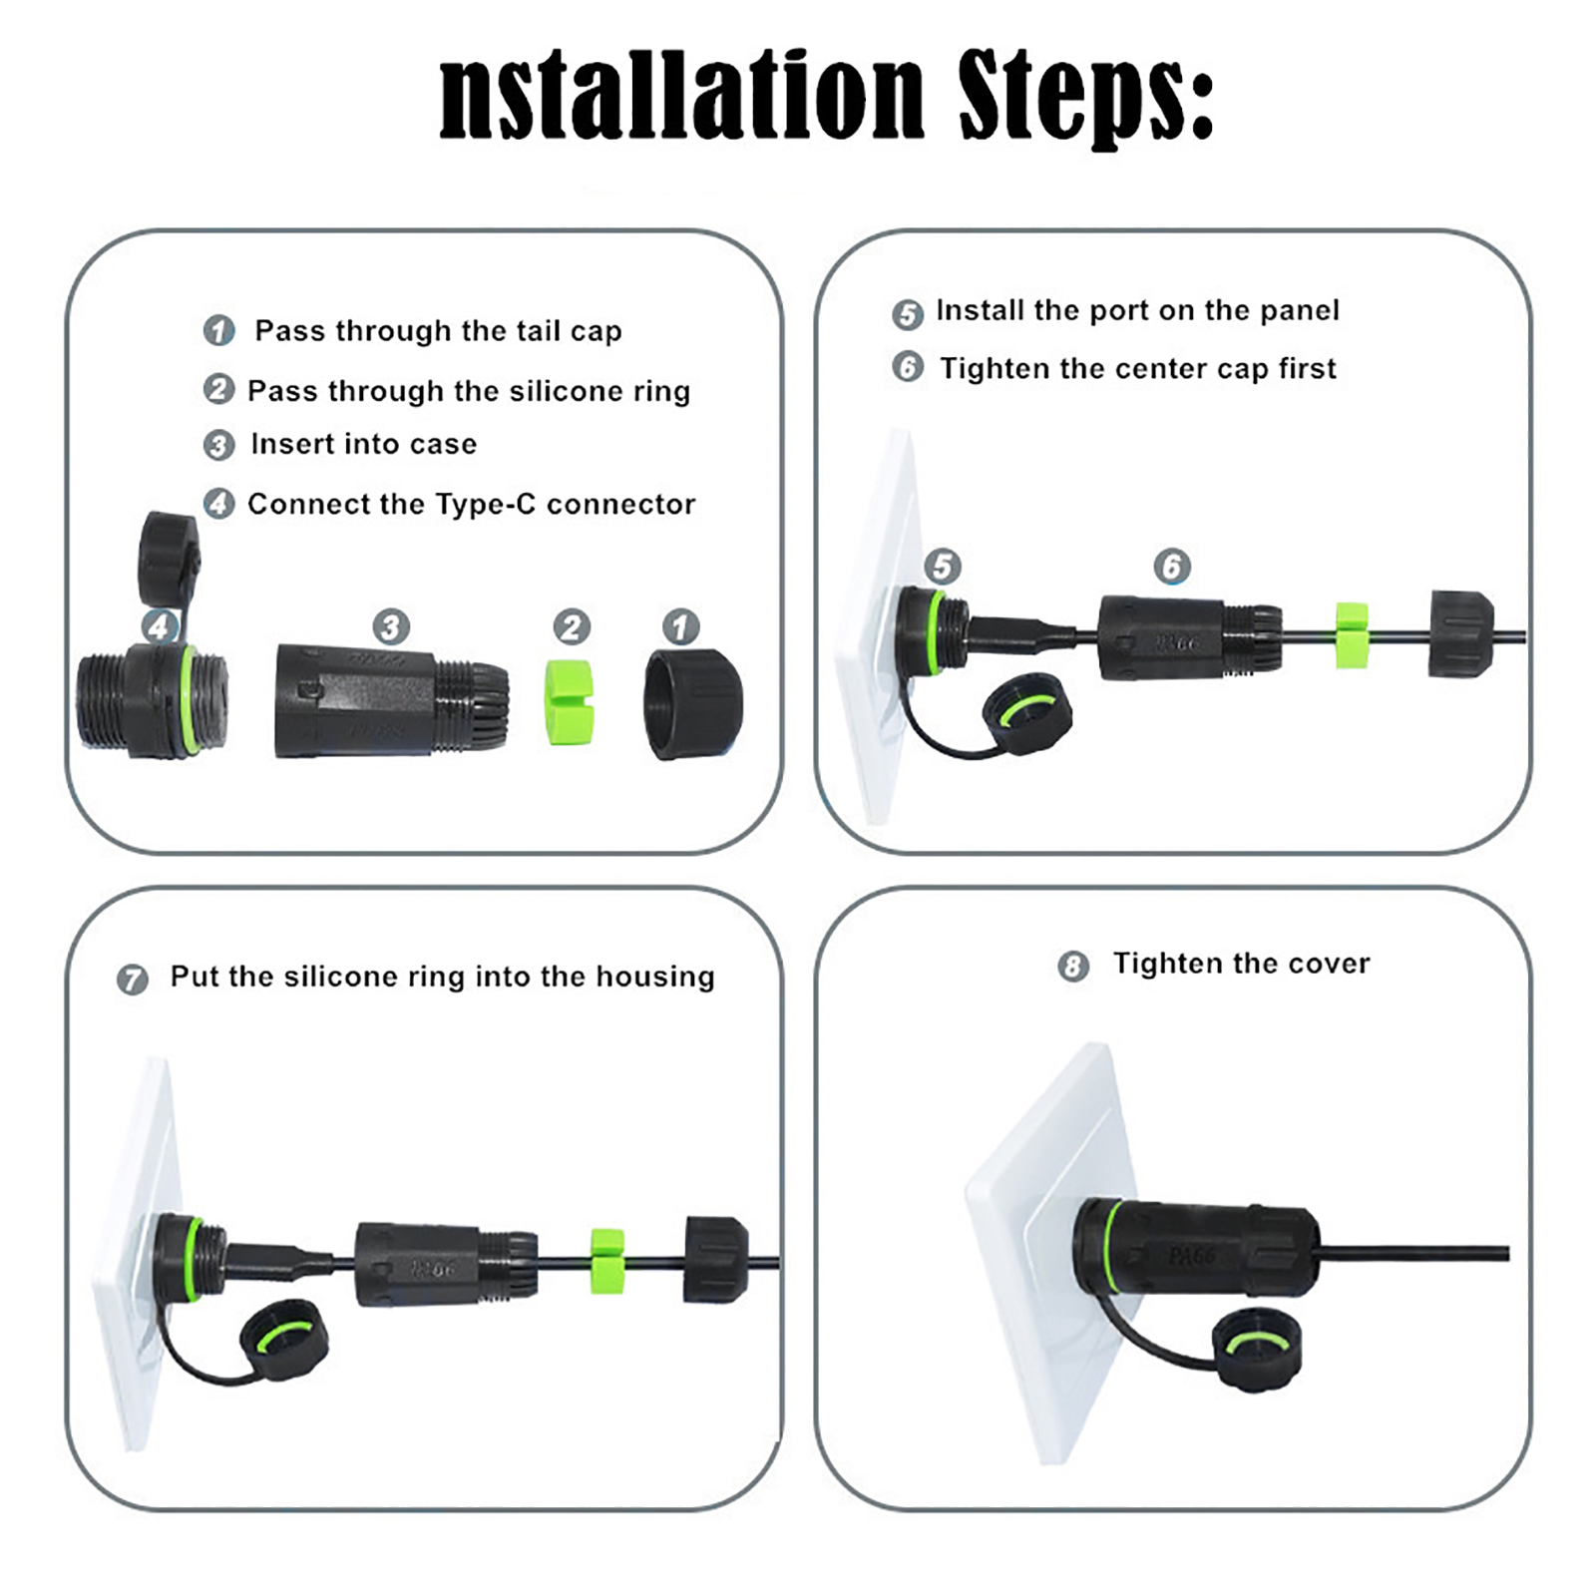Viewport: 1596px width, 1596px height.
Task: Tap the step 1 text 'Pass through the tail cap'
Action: click(438, 330)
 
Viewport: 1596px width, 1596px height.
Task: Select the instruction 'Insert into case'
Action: click(364, 444)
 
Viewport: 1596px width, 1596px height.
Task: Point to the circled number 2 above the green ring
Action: click(572, 627)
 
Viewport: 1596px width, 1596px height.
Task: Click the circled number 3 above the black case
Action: click(391, 627)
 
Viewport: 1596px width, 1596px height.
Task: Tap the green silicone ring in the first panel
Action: click(569, 702)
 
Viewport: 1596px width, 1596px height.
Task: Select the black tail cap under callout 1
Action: click(693, 703)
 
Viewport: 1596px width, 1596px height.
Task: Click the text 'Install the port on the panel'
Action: click(1137, 310)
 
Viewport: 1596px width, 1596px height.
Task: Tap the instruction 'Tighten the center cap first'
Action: click(1138, 368)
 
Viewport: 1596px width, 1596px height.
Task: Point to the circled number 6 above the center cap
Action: click(1172, 567)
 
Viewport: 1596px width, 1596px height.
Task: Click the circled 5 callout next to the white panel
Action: click(943, 567)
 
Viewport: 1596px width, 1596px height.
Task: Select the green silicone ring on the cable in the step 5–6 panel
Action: click(1352, 634)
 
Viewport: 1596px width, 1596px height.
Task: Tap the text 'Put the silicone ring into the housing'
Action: click(443, 976)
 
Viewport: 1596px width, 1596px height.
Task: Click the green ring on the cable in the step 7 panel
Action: click(606, 1261)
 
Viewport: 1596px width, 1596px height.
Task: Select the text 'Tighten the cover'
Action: click(1242, 963)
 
